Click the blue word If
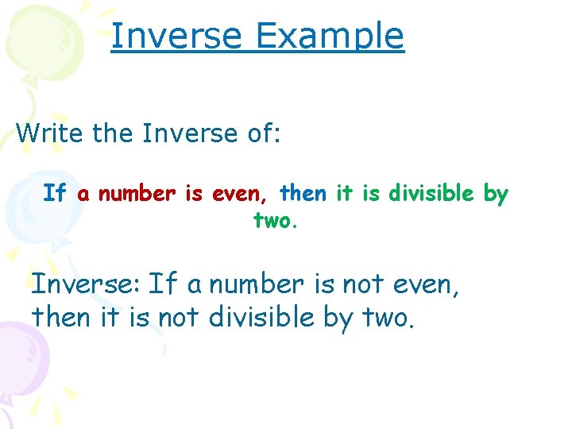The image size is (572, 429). pyautogui.click(x=55, y=193)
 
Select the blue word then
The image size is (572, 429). pyautogui.click(x=303, y=193)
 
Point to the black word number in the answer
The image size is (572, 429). pyautogui.click(x=255, y=284)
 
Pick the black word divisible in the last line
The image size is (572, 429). pyautogui.click(x=263, y=317)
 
